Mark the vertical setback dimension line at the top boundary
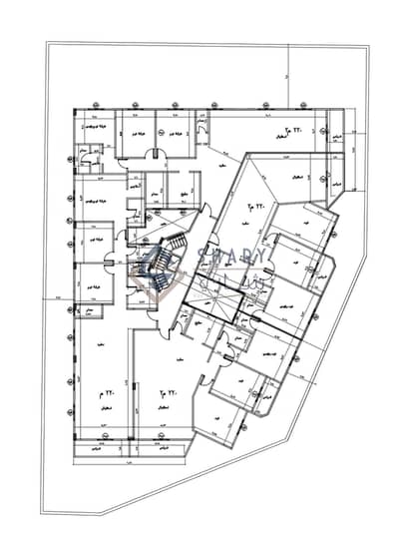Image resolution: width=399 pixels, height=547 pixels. (x=285, y=75)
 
